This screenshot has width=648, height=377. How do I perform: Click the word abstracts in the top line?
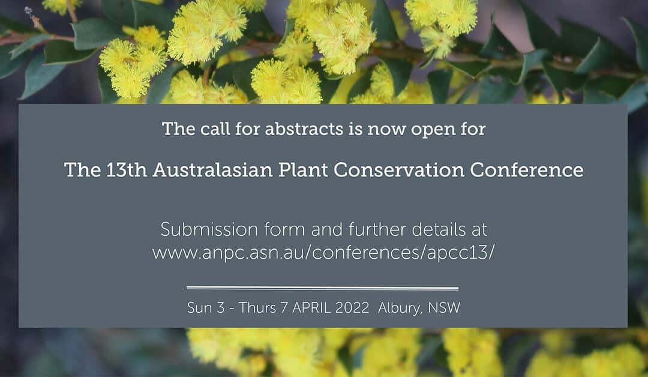(x=304, y=128)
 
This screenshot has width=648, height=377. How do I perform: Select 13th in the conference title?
(x=127, y=170)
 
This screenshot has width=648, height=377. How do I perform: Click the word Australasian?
(x=213, y=170)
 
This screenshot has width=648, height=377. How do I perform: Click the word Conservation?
(x=399, y=170)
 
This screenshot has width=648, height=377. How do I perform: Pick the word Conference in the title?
(x=527, y=170)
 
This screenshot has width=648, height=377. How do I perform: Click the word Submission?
(x=209, y=229)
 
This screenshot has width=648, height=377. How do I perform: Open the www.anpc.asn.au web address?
(x=323, y=253)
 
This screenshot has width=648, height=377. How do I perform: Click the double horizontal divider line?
(x=322, y=288)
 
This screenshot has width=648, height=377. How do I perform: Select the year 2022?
(x=352, y=308)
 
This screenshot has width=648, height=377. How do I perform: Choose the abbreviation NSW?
(x=444, y=308)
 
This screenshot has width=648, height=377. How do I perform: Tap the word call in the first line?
(x=215, y=128)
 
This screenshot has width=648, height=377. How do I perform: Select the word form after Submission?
(x=285, y=229)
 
